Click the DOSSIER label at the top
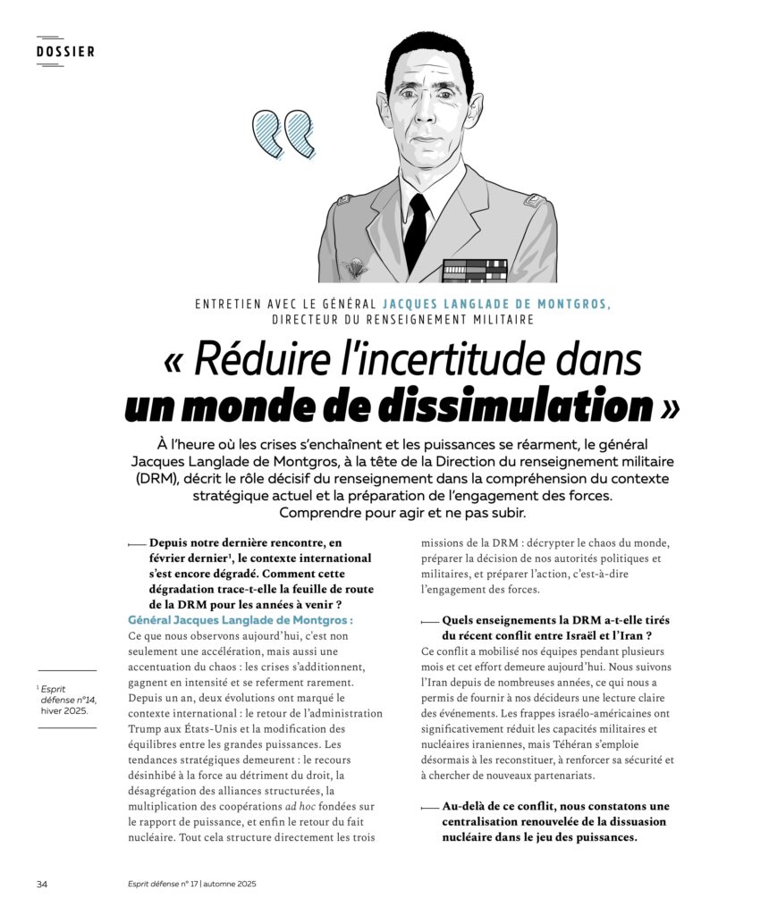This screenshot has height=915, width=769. click(x=65, y=51)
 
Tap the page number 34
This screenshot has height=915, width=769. click(x=42, y=884)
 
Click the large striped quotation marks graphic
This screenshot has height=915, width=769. click(x=283, y=134)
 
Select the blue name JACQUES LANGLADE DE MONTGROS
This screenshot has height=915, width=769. click(x=497, y=304)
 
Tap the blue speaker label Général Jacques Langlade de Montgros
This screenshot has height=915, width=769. click(x=241, y=619)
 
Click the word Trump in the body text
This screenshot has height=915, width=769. click(x=148, y=728)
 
